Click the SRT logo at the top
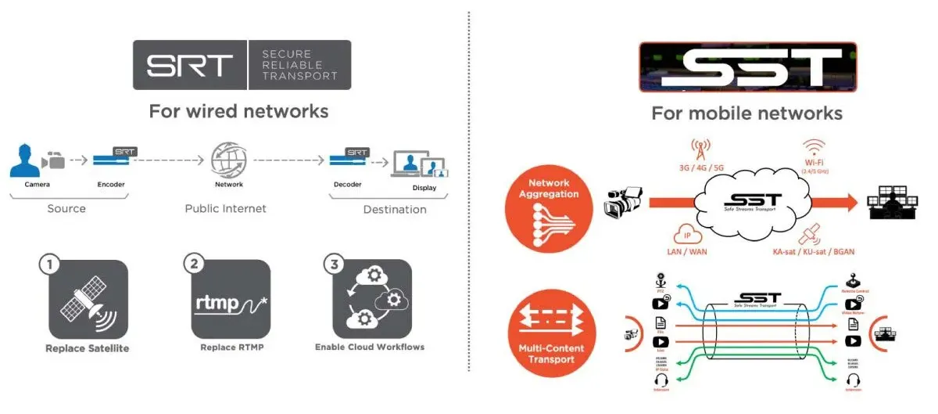pos(241,64)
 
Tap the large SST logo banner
pos(747,68)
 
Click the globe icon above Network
pos(228,159)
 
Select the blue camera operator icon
pos(25,160)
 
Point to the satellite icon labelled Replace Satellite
pos(88,299)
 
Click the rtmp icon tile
pos(231,299)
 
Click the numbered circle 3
pos(335,264)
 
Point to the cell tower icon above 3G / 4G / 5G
pos(700,147)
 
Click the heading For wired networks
pos(238,111)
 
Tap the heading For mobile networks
pos(746,113)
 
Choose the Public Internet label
pos(225,209)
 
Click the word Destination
pos(395,210)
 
